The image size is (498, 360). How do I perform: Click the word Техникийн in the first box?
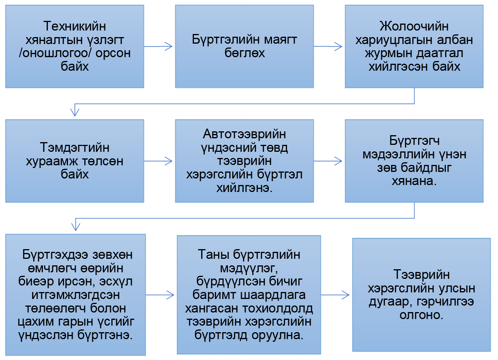point(75,26)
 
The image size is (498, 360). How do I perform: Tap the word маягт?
point(280,39)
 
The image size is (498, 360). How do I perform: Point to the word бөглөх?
point(245,53)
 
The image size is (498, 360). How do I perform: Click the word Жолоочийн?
point(414,26)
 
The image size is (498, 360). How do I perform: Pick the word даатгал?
point(440,53)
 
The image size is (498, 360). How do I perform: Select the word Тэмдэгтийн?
point(75,147)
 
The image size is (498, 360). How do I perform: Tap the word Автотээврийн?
point(244,134)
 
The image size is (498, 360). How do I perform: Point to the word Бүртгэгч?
point(415,141)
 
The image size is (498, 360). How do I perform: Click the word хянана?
point(414,181)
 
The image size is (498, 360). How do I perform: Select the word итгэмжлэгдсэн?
point(76,295)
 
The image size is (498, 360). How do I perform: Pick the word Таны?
point(213,255)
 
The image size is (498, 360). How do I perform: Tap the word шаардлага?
point(273,295)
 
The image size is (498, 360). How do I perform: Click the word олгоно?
point(421,315)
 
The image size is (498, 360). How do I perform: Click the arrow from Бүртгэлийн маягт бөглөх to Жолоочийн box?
point(328,46)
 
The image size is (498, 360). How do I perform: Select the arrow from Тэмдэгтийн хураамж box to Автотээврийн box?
point(158,161)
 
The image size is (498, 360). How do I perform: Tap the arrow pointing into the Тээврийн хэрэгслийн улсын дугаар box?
point(335,295)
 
